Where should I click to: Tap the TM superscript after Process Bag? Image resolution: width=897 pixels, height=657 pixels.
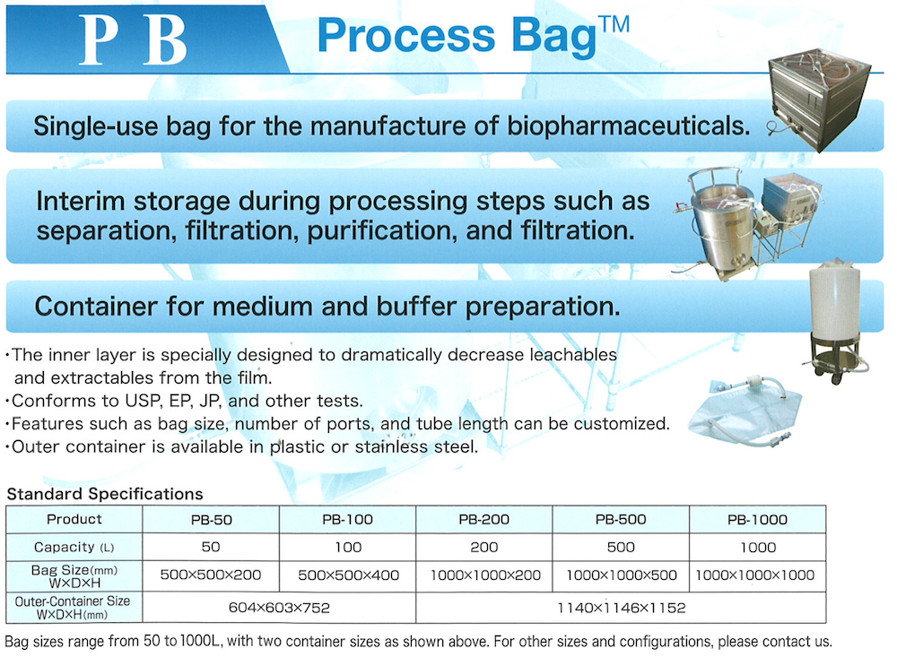(614, 24)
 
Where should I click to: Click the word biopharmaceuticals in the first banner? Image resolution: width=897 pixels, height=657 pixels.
(628, 126)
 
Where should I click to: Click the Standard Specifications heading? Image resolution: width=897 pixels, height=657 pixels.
(105, 494)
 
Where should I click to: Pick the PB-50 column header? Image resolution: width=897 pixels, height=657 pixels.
(211, 520)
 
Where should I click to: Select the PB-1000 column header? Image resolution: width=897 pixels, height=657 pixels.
(757, 520)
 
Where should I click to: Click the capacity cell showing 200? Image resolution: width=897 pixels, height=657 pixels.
(484, 548)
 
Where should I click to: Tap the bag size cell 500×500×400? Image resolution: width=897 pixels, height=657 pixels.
(348, 575)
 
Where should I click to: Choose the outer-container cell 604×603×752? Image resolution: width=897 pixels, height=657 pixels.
(279, 607)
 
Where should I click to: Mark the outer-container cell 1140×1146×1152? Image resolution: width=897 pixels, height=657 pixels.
(622, 607)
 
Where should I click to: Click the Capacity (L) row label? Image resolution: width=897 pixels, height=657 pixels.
(74, 548)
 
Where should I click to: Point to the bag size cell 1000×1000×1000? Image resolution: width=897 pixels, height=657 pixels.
(755, 575)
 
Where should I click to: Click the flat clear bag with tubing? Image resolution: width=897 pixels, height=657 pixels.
(744, 410)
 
